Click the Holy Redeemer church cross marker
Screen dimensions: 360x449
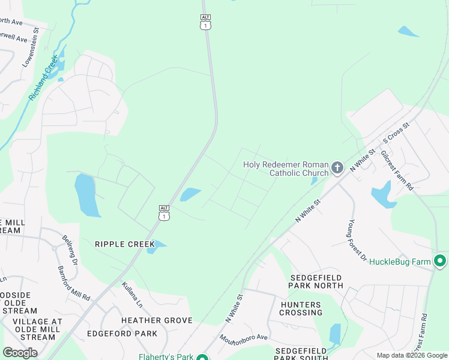pos(337,167)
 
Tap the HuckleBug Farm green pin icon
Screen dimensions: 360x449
pos(440,261)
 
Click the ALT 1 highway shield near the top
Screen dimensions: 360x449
pos(205,22)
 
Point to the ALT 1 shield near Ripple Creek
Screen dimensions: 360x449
pos(164,212)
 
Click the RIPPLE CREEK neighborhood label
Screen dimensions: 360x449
pos(124,244)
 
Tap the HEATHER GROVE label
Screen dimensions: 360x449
pos(157,321)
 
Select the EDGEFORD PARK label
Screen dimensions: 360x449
pos(122,334)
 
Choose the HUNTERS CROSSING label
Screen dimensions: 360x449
pos(301,308)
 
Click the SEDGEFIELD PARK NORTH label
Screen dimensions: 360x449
pos(317,281)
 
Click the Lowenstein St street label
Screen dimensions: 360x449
pos(31,46)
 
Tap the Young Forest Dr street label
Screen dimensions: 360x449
pos(357,240)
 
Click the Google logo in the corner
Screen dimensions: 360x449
pos(20,353)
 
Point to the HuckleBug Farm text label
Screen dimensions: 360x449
pos(400,262)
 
